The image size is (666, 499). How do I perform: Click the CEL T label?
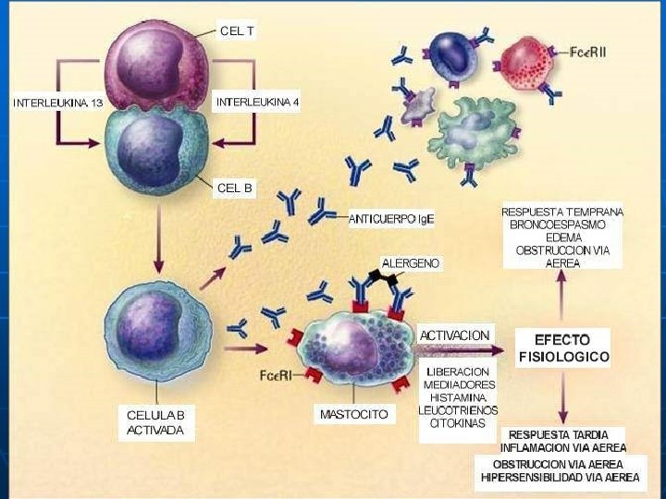pyautogui.click(x=237, y=30)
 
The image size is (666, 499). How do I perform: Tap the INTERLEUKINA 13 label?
pyautogui.click(x=57, y=103)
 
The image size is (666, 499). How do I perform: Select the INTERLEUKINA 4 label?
pyautogui.click(x=257, y=101)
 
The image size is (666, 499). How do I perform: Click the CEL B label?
pyautogui.click(x=235, y=188)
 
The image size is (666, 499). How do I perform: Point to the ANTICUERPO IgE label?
pyautogui.click(x=391, y=219)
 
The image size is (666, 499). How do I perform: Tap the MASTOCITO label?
pyautogui.click(x=354, y=414)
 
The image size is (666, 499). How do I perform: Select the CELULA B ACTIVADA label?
pyautogui.click(x=155, y=422)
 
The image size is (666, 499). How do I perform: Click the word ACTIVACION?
pyautogui.click(x=455, y=335)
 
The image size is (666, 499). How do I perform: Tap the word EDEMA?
pyautogui.click(x=562, y=237)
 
